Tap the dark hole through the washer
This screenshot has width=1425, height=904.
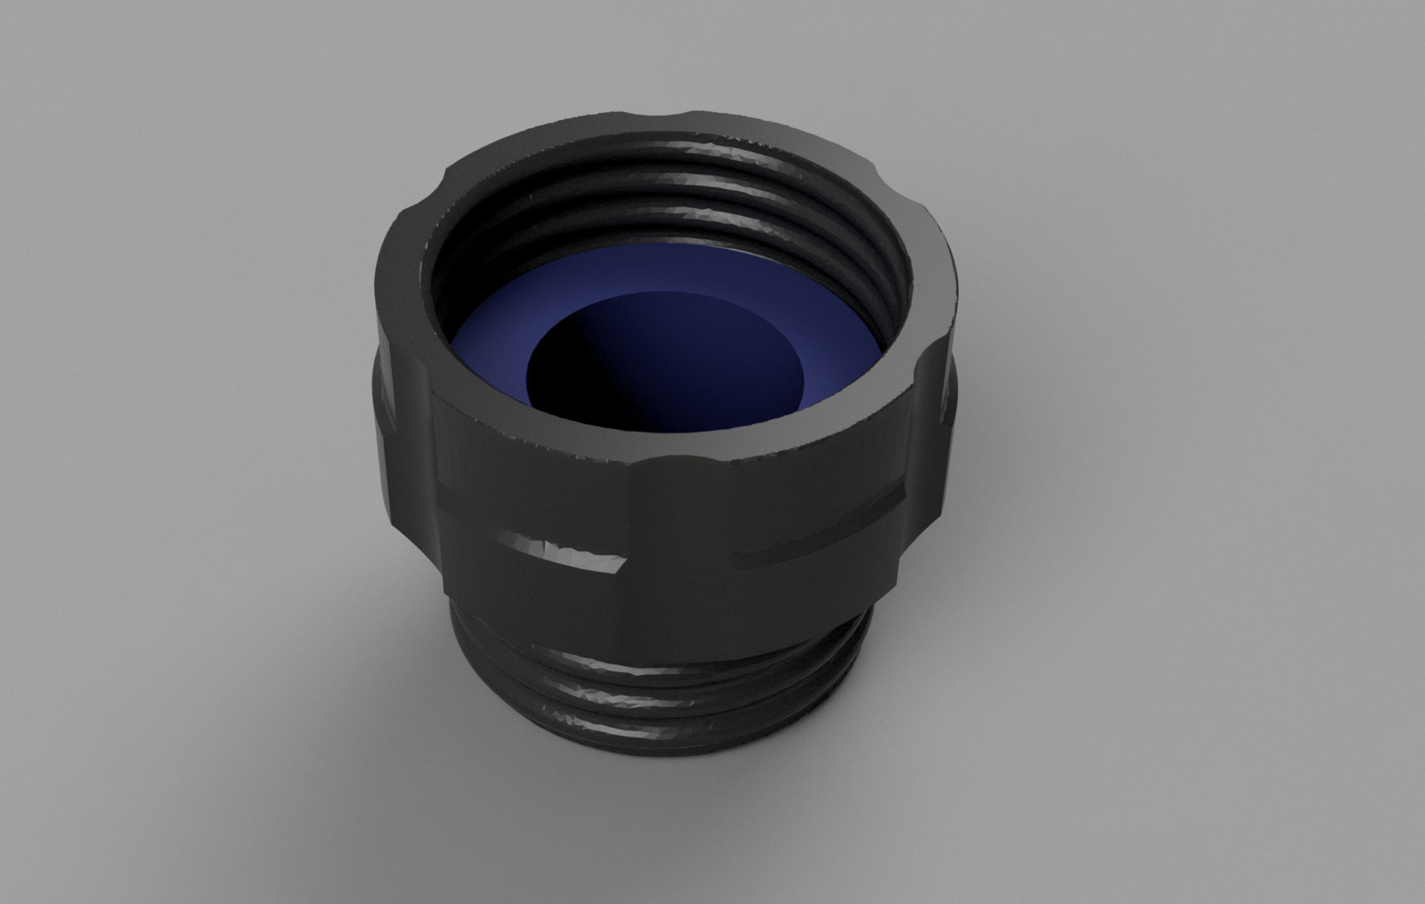point(641,376)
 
